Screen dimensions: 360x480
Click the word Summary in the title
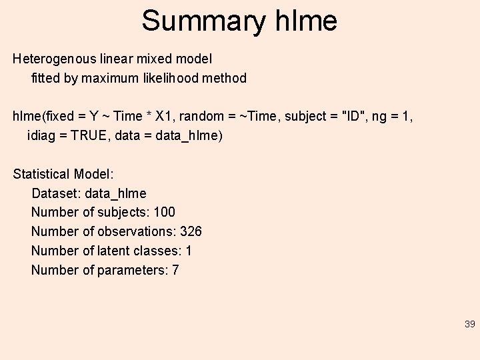pos(203,21)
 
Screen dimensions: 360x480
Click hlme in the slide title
pos(306,21)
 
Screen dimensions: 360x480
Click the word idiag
pos(41,135)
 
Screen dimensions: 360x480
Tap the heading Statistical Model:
pos(63,174)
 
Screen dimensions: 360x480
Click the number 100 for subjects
pos(164,213)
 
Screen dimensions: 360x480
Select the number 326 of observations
pos(191,232)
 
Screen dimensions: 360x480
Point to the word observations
pos(137,232)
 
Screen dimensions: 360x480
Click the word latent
pos(113,251)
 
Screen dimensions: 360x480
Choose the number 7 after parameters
pos(175,271)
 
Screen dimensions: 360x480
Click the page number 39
pos(469,324)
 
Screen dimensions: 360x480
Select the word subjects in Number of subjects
pos(121,213)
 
